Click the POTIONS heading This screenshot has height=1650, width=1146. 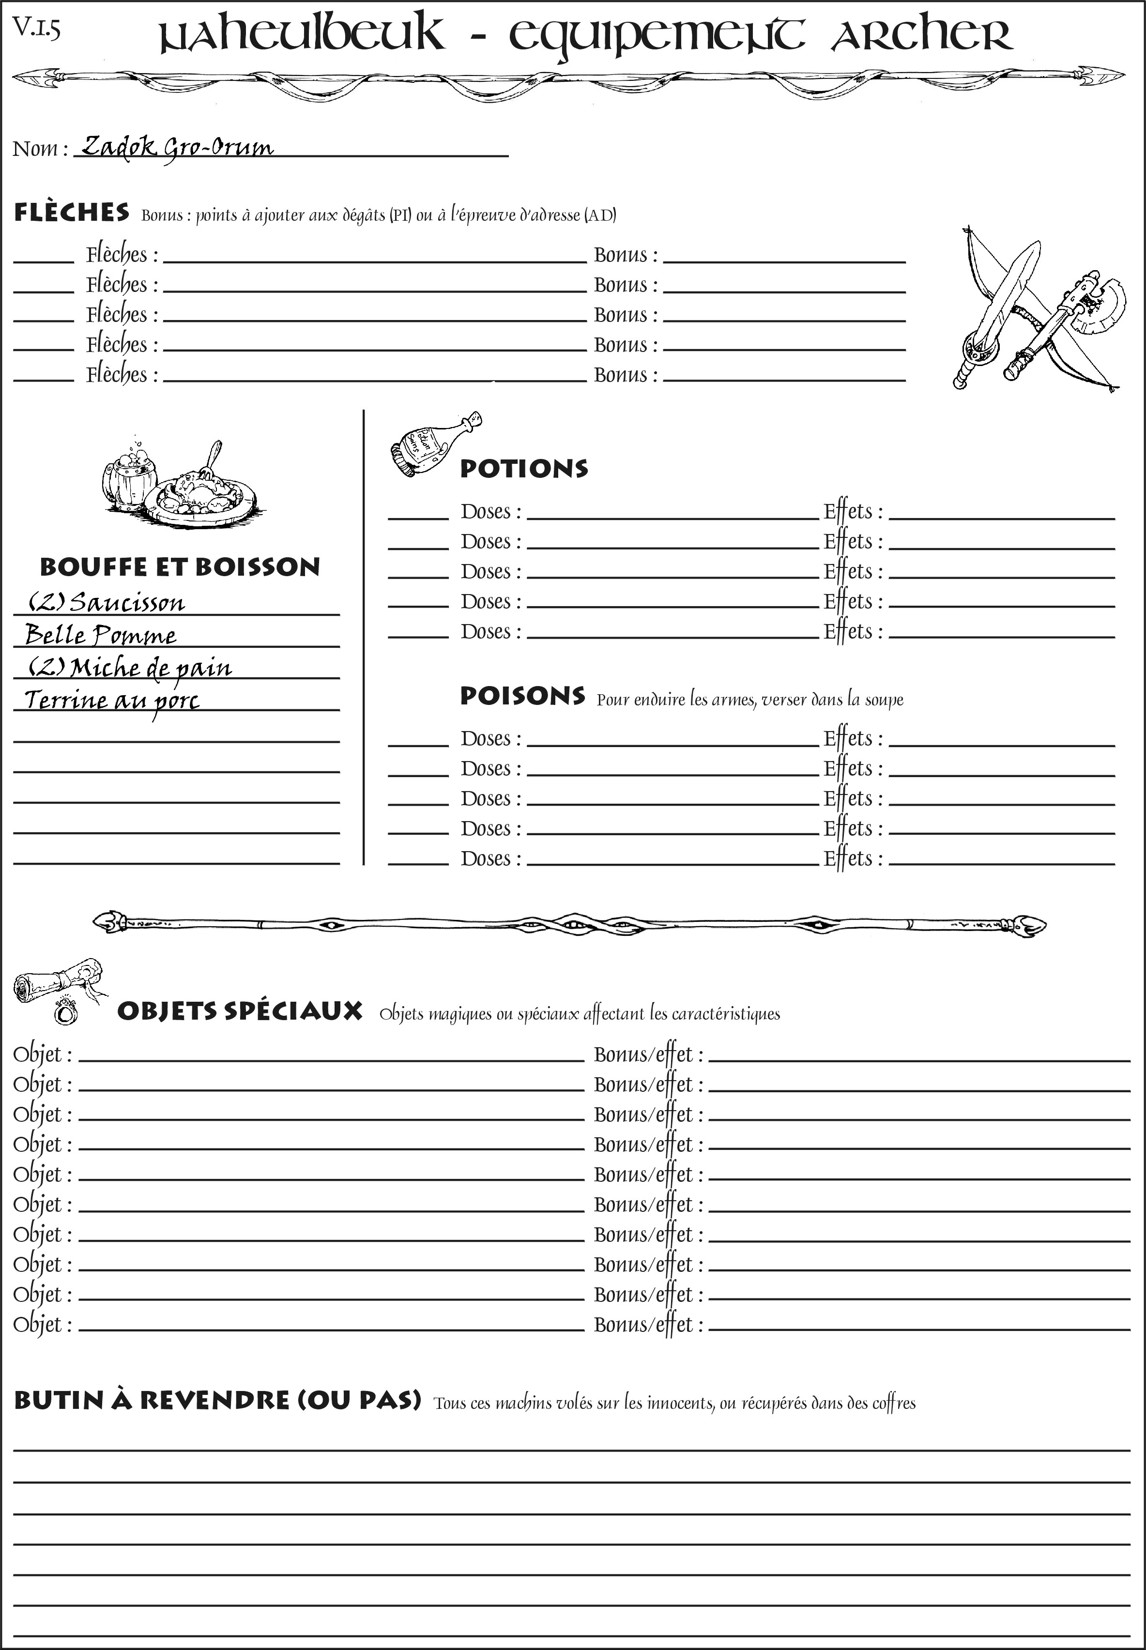(x=523, y=469)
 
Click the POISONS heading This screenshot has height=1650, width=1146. (x=522, y=696)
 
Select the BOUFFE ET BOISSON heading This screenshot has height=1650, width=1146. (x=180, y=566)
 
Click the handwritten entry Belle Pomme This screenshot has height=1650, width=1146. (x=101, y=635)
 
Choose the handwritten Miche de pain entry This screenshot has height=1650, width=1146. (x=151, y=668)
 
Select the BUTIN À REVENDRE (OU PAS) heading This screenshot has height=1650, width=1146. (x=217, y=1400)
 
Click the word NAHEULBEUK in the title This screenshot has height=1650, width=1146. (x=301, y=34)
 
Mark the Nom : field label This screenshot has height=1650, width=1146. (x=40, y=149)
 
